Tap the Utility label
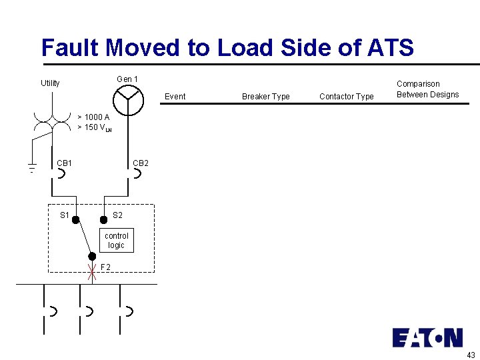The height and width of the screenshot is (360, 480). (50, 83)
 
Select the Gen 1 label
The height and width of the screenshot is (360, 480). (127, 79)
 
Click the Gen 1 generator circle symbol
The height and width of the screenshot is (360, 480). (128, 101)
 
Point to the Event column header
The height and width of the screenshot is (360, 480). (175, 97)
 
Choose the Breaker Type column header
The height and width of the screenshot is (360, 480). (265, 97)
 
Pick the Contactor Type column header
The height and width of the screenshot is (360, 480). (346, 97)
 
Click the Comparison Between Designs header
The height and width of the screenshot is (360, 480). (427, 89)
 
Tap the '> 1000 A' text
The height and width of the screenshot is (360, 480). (93, 117)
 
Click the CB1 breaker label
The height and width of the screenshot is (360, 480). (65, 163)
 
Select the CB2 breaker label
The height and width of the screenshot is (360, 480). (141, 163)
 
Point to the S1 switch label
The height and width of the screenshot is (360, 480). (65, 215)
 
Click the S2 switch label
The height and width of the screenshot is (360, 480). (117, 215)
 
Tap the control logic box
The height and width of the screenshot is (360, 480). (117, 241)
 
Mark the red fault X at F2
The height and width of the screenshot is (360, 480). (93, 272)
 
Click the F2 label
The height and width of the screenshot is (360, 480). (105, 268)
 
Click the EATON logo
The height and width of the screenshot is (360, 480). (427, 337)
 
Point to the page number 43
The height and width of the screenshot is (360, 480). (471, 355)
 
